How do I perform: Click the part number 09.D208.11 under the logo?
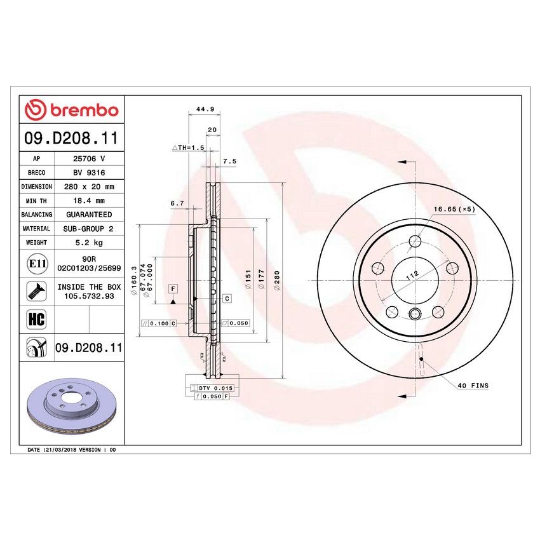(x=70, y=137)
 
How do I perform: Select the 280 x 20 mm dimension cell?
(x=89, y=187)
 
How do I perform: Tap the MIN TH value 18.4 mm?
(x=89, y=201)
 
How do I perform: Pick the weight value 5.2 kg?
(x=89, y=243)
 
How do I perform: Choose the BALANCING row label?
(x=36, y=215)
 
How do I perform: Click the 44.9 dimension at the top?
(x=203, y=109)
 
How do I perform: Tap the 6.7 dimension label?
(x=177, y=203)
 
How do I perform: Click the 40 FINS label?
(x=472, y=386)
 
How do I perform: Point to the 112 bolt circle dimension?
(x=412, y=276)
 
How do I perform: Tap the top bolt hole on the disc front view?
(x=415, y=241)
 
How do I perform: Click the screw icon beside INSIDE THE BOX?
(x=36, y=292)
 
